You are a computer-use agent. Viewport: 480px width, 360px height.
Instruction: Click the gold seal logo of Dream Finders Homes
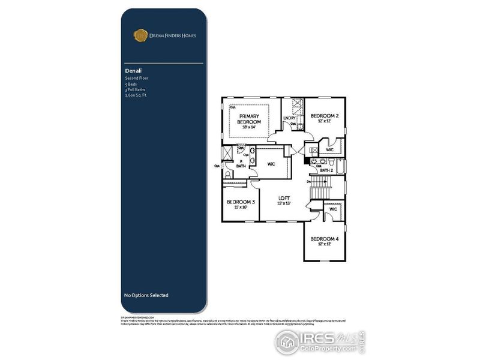[x=140, y=35]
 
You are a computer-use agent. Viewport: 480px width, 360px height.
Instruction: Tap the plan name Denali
[x=133, y=71]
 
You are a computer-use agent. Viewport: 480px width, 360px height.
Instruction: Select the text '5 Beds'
[x=131, y=84]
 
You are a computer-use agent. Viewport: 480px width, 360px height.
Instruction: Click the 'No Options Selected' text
[x=146, y=295]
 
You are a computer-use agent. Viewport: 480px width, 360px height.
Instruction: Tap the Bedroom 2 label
[x=325, y=115]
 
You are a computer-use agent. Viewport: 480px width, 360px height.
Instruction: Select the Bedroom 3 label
[x=241, y=202]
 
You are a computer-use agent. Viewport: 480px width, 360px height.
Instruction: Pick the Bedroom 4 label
[x=325, y=239]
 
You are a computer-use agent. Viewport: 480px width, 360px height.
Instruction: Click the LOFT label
[x=284, y=197]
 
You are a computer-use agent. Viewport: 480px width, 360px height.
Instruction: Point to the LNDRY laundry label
[x=290, y=118]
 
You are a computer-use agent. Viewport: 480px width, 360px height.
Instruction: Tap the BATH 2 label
[x=326, y=170]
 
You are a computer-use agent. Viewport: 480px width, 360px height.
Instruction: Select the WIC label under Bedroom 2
[x=329, y=149]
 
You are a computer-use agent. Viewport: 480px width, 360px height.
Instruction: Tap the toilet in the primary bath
[x=229, y=174]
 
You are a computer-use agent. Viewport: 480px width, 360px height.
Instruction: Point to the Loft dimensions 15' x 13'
[x=284, y=204]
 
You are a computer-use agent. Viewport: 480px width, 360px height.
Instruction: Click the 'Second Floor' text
[x=136, y=79]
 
